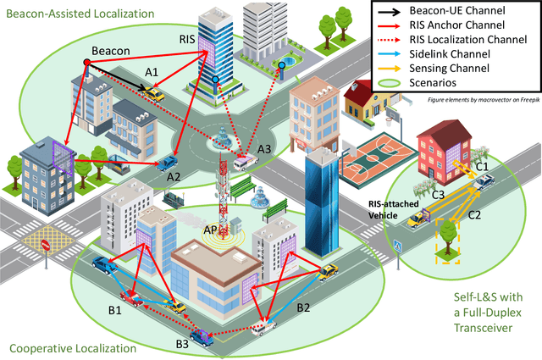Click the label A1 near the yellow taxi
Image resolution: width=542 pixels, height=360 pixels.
tap(152, 73)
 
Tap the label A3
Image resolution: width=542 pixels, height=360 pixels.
tap(264, 149)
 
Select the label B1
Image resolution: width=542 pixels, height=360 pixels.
tap(114, 311)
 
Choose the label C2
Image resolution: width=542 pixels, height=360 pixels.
tap(474, 215)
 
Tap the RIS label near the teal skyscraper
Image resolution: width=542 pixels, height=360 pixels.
tap(187, 39)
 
